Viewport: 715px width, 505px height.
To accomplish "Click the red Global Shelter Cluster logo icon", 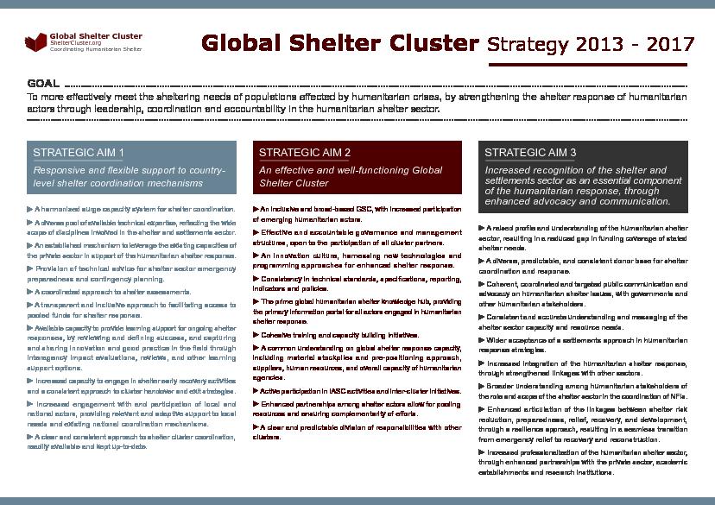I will (x=36, y=41).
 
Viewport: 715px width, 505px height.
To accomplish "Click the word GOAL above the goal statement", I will (x=43, y=84).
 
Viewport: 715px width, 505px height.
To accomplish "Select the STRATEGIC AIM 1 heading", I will (x=79, y=153).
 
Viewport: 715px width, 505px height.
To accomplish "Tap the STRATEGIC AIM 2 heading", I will (x=305, y=153).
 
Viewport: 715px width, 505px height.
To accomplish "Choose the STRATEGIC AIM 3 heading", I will (x=531, y=153).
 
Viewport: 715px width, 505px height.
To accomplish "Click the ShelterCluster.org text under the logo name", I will (x=77, y=43).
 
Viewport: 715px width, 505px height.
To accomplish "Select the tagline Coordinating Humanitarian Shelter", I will (x=96, y=49).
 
